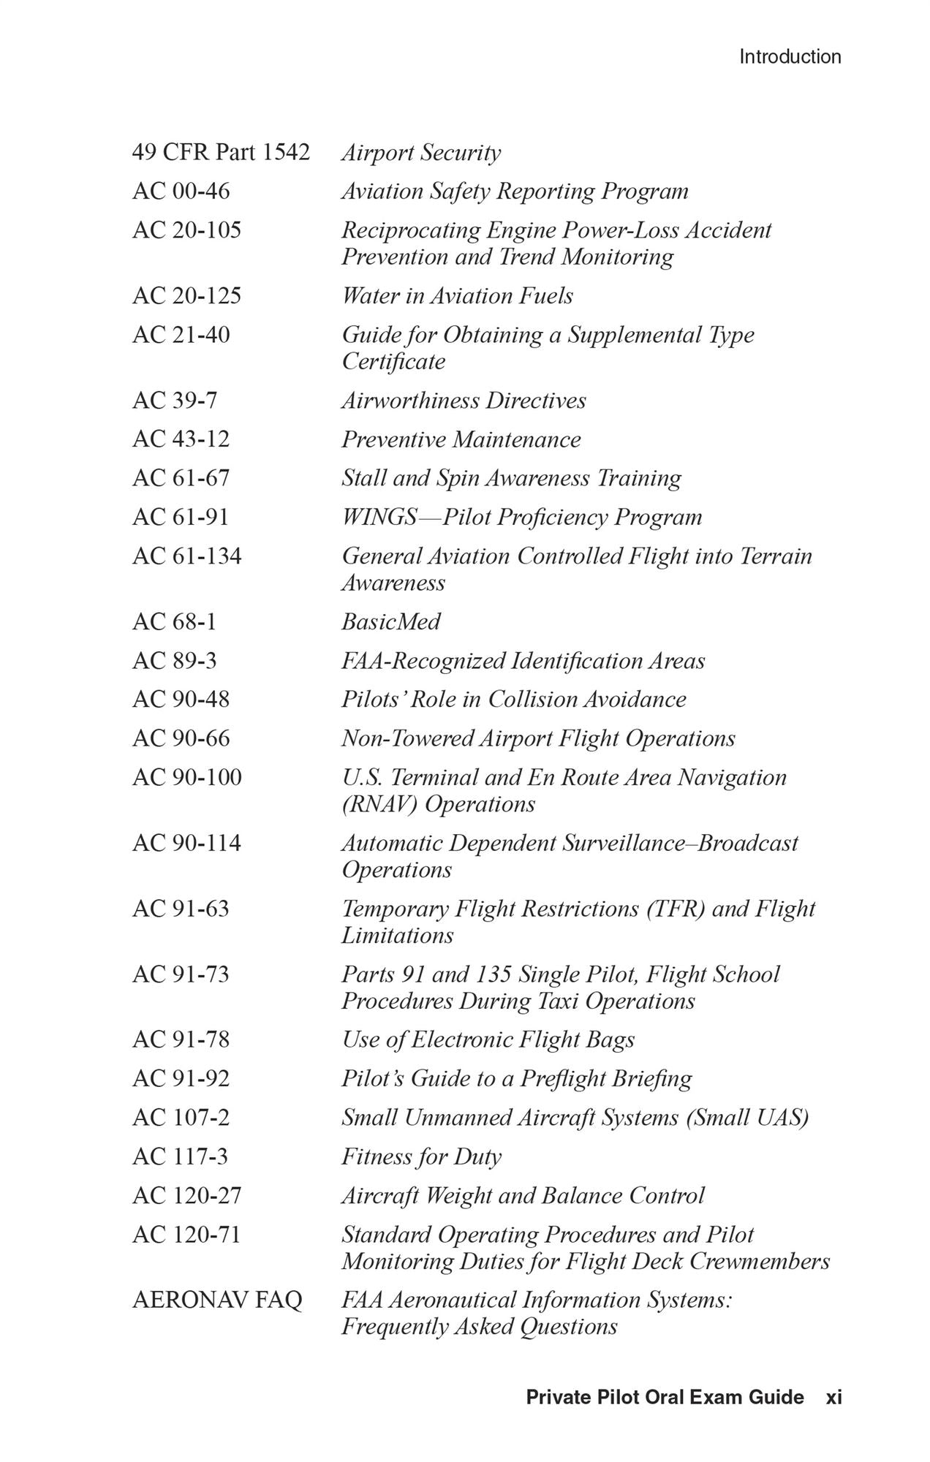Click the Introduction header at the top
[790, 56]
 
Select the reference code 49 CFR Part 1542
[221, 152]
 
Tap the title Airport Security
[421, 153]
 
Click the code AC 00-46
[181, 191]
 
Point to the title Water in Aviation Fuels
[457, 295]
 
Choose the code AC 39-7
[175, 400]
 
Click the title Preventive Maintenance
[461, 439]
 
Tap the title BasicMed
[390, 621]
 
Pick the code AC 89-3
[175, 660]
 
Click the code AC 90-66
[181, 738]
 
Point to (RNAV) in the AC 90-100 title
[379, 804]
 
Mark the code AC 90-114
[186, 842]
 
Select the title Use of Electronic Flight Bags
[488, 1039]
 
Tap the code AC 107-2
[181, 1117]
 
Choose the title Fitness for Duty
[421, 1156]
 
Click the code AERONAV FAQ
[217, 1300]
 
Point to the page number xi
[833, 1398]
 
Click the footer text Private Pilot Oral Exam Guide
[665, 1398]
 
